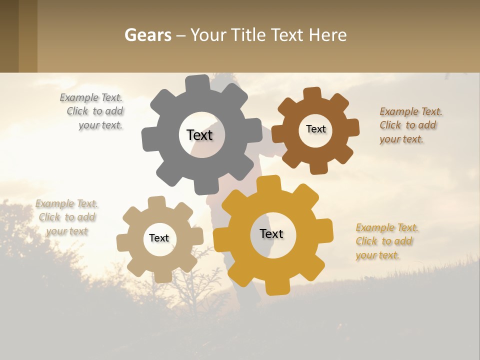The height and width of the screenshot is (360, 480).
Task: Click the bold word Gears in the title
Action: (148, 35)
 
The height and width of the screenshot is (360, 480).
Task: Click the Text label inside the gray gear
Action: (199, 135)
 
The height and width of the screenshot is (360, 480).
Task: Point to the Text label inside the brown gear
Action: (315, 129)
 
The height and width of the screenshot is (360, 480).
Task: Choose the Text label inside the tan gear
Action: (159, 238)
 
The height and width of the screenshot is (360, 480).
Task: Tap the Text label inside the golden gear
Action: (271, 234)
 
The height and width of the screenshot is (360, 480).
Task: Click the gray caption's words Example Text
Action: (91, 98)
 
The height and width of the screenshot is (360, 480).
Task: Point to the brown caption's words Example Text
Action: (411, 111)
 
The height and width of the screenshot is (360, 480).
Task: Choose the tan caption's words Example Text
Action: (66, 203)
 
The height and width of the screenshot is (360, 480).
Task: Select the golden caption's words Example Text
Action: (387, 227)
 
